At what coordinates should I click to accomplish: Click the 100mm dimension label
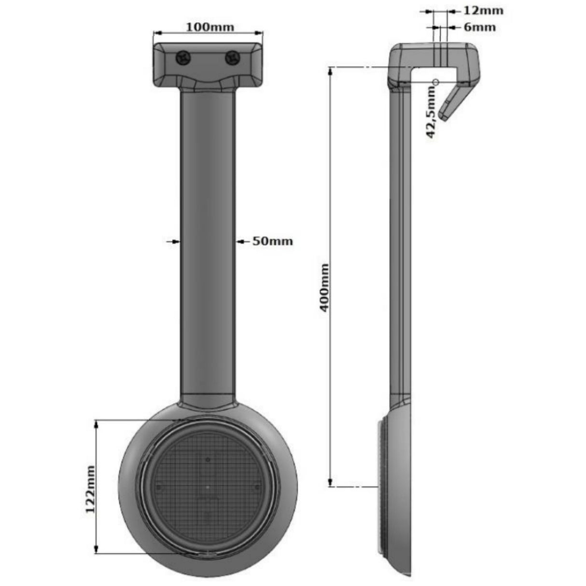pyautogui.click(x=210, y=27)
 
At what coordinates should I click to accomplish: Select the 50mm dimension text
pyautogui.click(x=273, y=241)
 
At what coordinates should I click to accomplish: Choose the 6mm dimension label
pyautogui.click(x=479, y=27)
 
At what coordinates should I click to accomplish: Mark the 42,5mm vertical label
pyautogui.click(x=431, y=115)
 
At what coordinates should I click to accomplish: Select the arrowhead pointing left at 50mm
pyautogui.click(x=239, y=241)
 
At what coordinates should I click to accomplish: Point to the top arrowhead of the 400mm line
pyautogui.click(x=331, y=71)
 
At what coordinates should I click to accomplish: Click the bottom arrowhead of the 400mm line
pyautogui.click(x=331, y=482)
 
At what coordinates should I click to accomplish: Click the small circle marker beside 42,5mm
pyautogui.click(x=435, y=82)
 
